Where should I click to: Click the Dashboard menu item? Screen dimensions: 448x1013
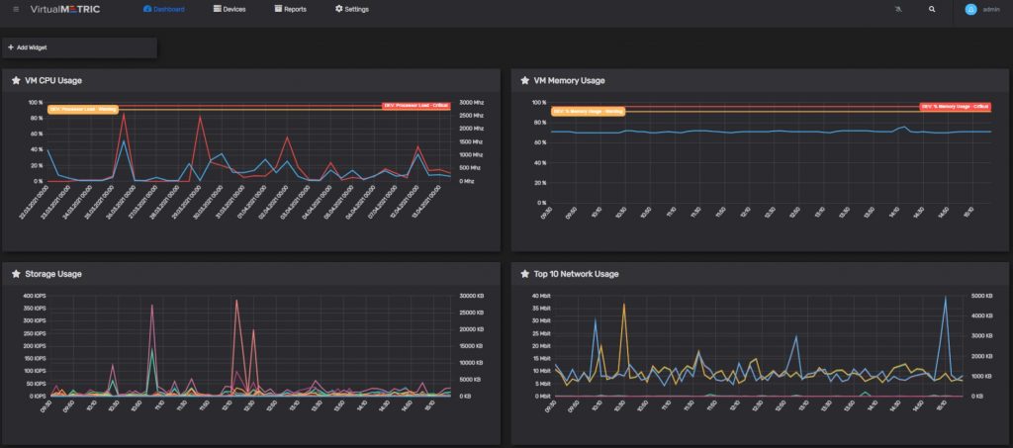tap(164, 9)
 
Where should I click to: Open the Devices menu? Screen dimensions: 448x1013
tap(230, 9)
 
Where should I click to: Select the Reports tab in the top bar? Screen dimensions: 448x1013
tap(291, 9)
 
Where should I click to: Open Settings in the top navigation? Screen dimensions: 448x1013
tap(352, 9)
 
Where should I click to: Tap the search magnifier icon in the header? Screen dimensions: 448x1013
tap(931, 9)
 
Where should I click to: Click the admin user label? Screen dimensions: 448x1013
tap(990, 9)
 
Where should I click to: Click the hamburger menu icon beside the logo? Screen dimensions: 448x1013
tap(16, 9)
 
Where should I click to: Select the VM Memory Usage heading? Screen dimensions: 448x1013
tap(569, 80)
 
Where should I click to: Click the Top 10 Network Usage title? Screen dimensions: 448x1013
tap(577, 274)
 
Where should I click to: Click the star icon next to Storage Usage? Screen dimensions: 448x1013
tap(16, 274)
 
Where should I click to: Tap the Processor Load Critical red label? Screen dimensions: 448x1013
tap(415, 105)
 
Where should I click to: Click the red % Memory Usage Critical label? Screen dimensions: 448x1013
tap(955, 105)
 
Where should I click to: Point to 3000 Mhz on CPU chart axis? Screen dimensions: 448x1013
tap(472, 102)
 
